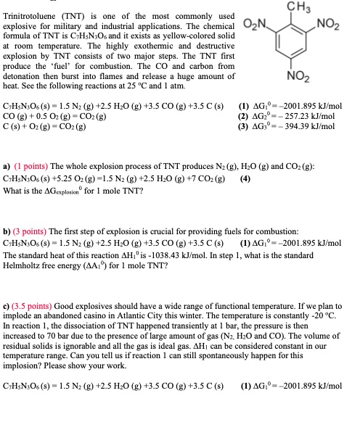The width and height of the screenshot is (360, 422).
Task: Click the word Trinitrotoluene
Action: [x=33, y=16]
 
